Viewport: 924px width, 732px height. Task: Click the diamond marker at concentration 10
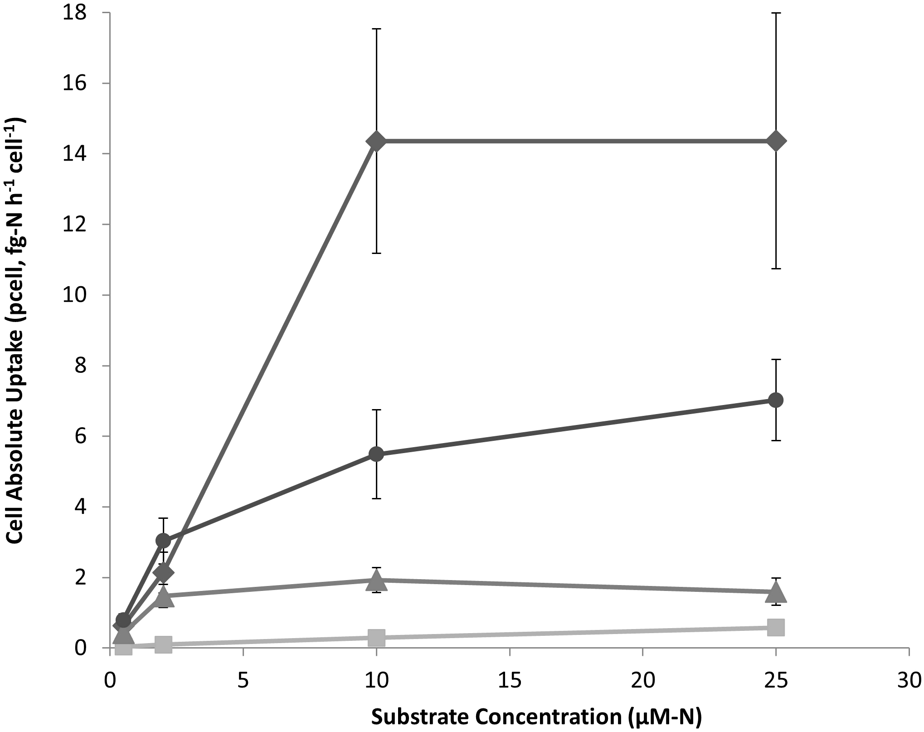[x=376, y=141]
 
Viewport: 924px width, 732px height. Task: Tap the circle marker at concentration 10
[x=376, y=454]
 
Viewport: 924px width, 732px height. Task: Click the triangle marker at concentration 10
[x=376, y=580]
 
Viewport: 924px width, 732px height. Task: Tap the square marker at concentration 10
[x=376, y=637]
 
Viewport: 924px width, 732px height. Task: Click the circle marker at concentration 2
[x=163, y=541]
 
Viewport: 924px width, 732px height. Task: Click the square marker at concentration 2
[x=163, y=644]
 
